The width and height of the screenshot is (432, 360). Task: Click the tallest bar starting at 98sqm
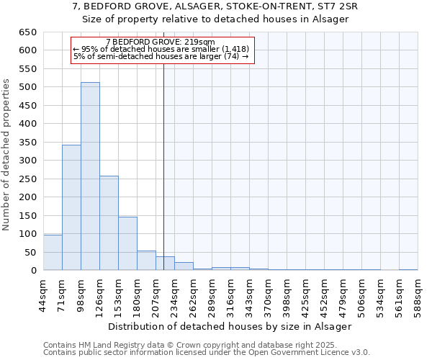tap(90, 176)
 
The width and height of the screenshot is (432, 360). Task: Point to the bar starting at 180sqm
tap(146, 261)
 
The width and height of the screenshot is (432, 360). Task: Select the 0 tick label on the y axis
tap(33, 271)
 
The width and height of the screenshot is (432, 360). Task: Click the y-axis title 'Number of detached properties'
tap(7, 155)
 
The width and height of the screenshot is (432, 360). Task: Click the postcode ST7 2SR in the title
tap(336, 6)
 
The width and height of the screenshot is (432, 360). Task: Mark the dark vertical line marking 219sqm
tap(164, 166)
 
